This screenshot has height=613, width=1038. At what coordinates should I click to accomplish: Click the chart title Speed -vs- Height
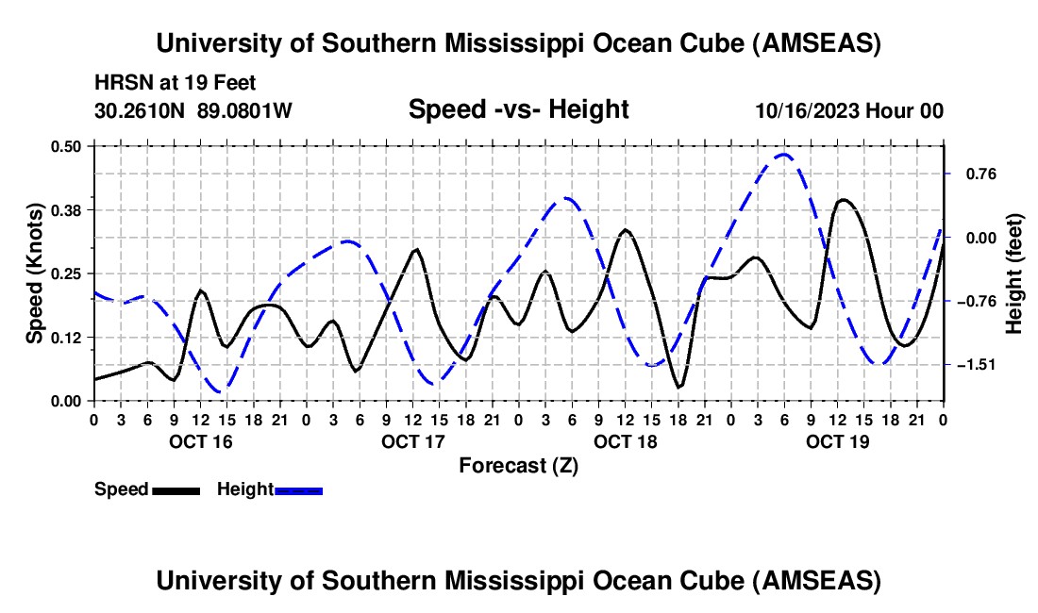pyautogui.click(x=518, y=109)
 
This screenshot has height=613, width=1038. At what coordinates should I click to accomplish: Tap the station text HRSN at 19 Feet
pyautogui.click(x=176, y=83)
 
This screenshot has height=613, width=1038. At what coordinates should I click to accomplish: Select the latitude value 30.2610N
pyautogui.click(x=141, y=110)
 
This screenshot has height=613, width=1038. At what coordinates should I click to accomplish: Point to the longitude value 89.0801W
pyautogui.click(x=244, y=110)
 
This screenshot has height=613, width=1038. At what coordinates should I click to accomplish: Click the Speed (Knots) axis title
pyautogui.click(x=35, y=273)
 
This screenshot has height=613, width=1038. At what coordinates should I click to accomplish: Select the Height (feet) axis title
pyautogui.click(x=1015, y=273)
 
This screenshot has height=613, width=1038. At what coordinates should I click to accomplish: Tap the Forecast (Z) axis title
pyautogui.click(x=518, y=465)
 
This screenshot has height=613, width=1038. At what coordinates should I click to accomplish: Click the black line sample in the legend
pyautogui.click(x=176, y=489)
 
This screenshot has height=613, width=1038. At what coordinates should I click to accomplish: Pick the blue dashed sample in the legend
pyautogui.click(x=298, y=489)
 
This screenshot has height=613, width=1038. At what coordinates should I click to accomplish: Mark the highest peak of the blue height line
pyautogui.click(x=783, y=154)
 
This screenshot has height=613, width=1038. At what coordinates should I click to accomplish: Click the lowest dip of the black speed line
pyautogui.click(x=678, y=387)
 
